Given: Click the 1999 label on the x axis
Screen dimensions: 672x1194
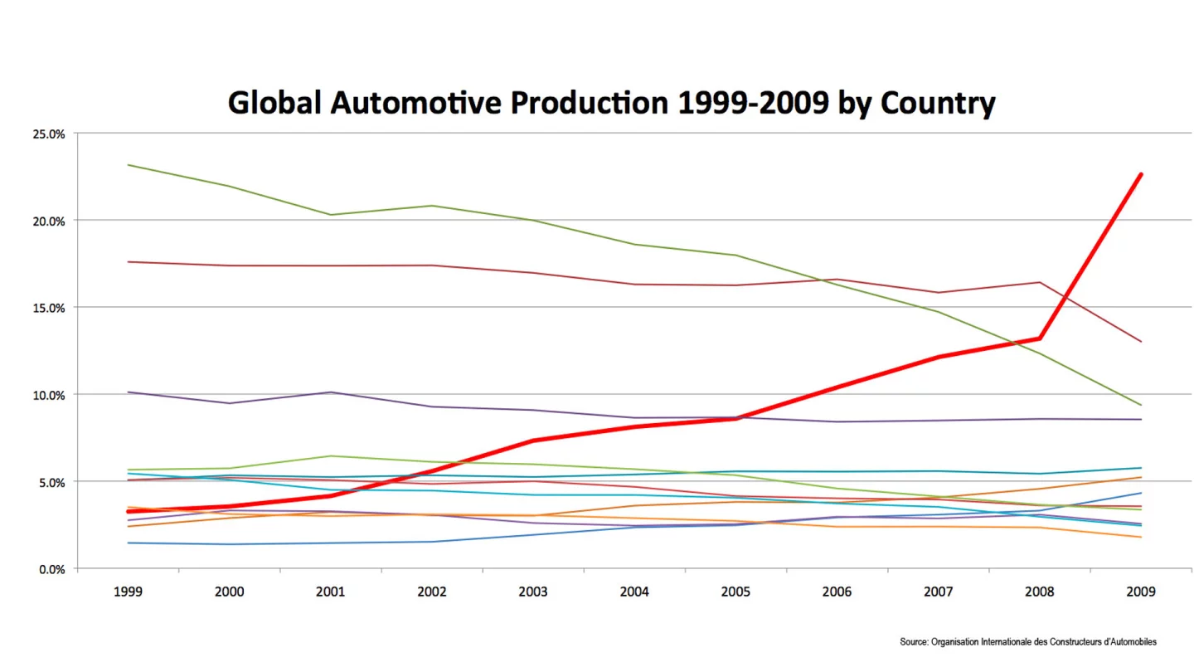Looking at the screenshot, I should click(x=128, y=592).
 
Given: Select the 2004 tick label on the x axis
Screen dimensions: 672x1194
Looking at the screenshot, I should click(x=634, y=592).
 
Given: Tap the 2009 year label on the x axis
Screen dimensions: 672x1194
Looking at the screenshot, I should click(x=1141, y=592).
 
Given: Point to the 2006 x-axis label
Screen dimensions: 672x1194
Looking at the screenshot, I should click(x=837, y=592).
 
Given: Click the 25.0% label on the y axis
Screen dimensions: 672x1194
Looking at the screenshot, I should click(x=48, y=134).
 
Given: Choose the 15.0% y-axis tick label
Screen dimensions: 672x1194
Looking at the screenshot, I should click(x=48, y=308).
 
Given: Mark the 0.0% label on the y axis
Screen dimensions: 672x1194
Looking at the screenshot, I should click(x=51, y=569).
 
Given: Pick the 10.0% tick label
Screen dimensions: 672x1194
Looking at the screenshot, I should click(x=48, y=395).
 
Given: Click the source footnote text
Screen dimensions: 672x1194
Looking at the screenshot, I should click(x=1027, y=641).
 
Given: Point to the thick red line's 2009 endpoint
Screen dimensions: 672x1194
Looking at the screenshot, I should click(x=1141, y=174).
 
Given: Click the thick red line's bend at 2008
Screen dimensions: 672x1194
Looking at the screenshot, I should click(x=1039, y=338).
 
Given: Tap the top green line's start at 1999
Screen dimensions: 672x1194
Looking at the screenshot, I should click(x=128, y=165).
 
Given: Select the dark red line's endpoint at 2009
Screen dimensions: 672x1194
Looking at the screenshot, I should click(x=1141, y=342).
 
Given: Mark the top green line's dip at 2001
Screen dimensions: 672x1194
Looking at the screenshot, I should click(x=331, y=215).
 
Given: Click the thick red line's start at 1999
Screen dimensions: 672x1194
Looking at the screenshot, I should click(x=128, y=511).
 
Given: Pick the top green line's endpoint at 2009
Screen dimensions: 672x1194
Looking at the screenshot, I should click(x=1141, y=405).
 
